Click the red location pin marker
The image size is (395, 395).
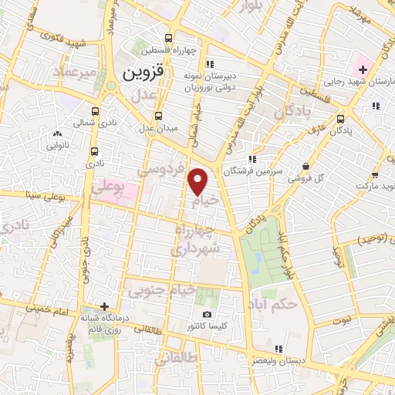pyautogui.click(x=199, y=181)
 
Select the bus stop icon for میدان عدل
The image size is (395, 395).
pyautogui.click(x=158, y=116)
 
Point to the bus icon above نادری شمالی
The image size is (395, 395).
pyautogui.click(x=95, y=111)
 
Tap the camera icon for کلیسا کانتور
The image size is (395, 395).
pyautogui.click(x=207, y=314)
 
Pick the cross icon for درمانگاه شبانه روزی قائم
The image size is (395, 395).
pyautogui.click(x=105, y=306)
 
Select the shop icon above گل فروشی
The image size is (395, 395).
pyautogui.click(x=307, y=166)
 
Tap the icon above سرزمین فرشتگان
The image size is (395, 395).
pyautogui.click(x=252, y=159)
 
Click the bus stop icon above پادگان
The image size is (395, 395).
pyautogui.click(x=341, y=120)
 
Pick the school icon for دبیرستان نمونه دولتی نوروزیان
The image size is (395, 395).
pyautogui.click(x=211, y=64)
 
